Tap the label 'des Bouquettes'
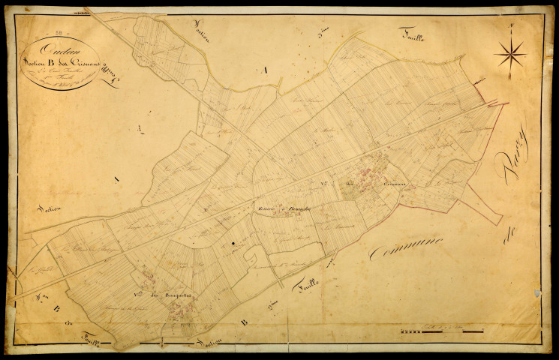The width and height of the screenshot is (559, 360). point(173,294)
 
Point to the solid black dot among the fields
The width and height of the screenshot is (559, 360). point(234,244)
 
